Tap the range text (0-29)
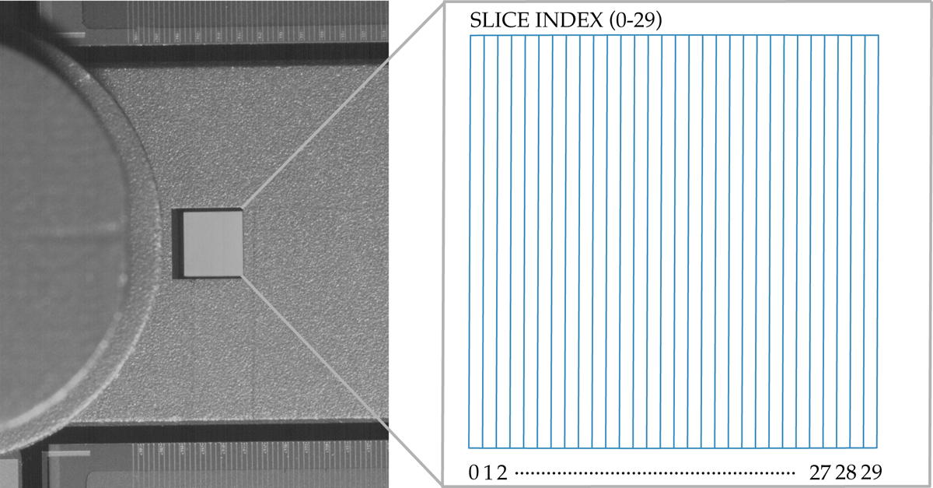click(635, 20)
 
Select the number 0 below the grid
click(474, 472)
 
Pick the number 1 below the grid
click(488, 472)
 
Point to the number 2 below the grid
click(501, 472)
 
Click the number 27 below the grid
click(819, 472)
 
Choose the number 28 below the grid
click(846, 472)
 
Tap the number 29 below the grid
click(872, 472)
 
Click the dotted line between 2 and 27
click(655, 473)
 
